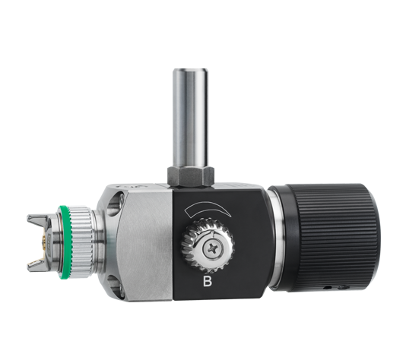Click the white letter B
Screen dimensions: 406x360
click(208, 281)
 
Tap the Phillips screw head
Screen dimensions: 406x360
click(213, 248)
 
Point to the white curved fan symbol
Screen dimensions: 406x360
click(207, 208)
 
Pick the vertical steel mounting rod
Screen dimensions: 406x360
click(191, 118)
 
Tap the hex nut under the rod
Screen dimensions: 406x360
click(191, 176)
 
